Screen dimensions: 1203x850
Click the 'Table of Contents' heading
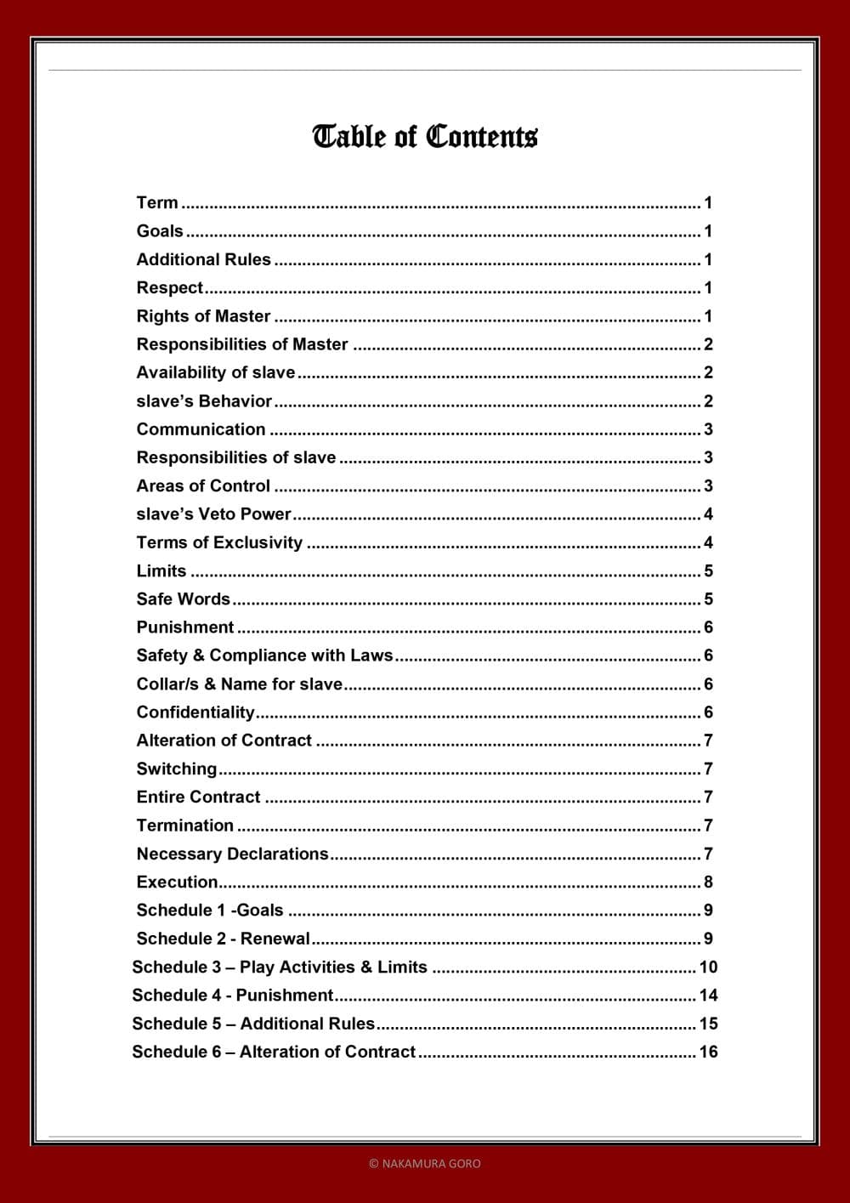pos(425,137)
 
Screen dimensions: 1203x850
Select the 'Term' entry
pos(157,203)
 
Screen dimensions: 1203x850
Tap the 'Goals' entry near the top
pos(160,231)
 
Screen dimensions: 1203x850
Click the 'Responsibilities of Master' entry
pos(242,344)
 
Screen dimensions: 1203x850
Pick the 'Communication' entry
pos(201,429)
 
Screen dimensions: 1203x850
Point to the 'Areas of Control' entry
pos(203,486)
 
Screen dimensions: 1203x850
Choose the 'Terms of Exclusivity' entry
pos(219,542)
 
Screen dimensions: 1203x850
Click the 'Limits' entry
pos(161,571)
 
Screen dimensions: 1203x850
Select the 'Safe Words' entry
pos(183,599)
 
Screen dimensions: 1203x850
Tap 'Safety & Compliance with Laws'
pos(264,655)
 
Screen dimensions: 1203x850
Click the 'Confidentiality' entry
pos(195,712)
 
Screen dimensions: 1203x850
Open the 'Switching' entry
pos(177,769)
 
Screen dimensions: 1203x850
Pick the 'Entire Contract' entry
pos(198,797)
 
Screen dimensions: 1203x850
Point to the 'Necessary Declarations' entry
pos(232,854)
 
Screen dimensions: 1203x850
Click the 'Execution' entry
pos(177,882)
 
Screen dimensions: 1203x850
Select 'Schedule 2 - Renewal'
pos(223,939)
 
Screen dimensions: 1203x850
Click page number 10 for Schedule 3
pos(708,968)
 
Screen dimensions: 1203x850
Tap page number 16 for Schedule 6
pos(708,1053)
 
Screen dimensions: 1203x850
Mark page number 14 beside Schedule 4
pos(708,996)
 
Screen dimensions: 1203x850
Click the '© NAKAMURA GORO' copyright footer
pos(425,1163)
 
